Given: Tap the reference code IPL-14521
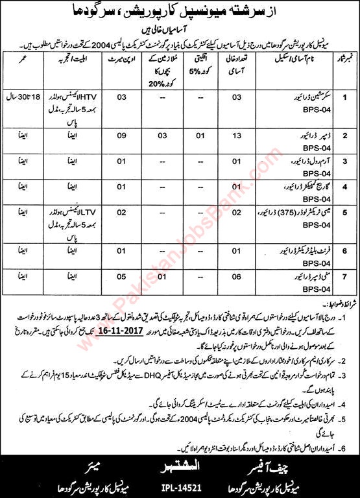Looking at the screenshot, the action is click(x=180, y=485).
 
